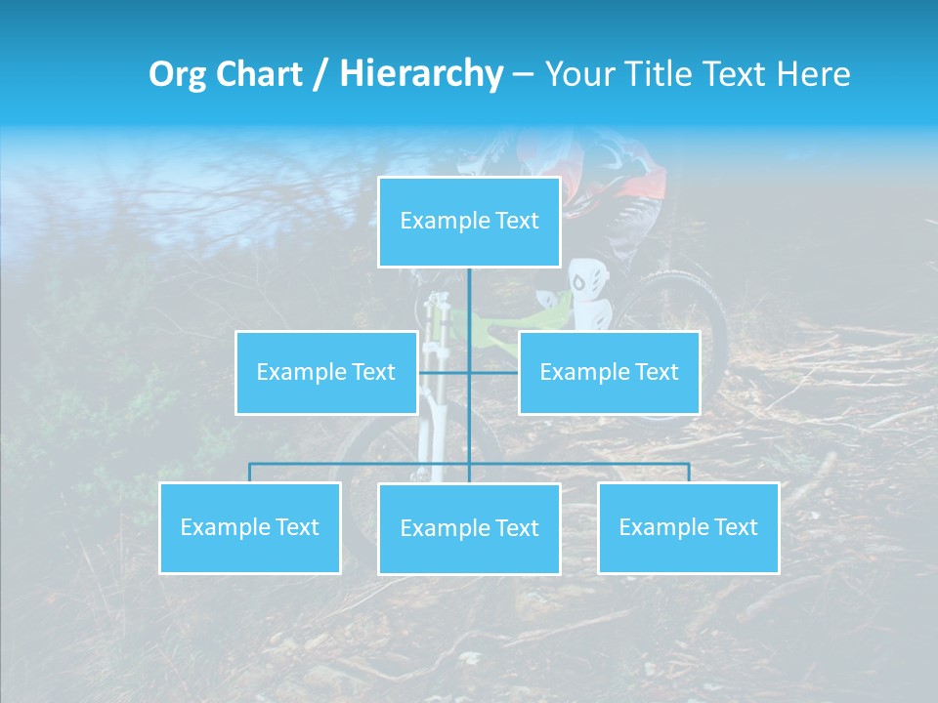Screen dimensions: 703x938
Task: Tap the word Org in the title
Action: (179, 74)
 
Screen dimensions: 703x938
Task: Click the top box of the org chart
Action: (469, 222)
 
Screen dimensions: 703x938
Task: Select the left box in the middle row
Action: (326, 372)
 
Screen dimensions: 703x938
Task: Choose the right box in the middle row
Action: (609, 372)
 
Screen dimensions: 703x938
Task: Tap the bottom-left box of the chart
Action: (250, 527)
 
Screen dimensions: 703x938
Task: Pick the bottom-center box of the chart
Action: (469, 528)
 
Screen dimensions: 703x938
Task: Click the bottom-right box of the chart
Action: (688, 527)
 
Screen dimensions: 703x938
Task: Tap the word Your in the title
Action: (578, 74)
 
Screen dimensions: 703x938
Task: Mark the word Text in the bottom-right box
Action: (735, 527)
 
